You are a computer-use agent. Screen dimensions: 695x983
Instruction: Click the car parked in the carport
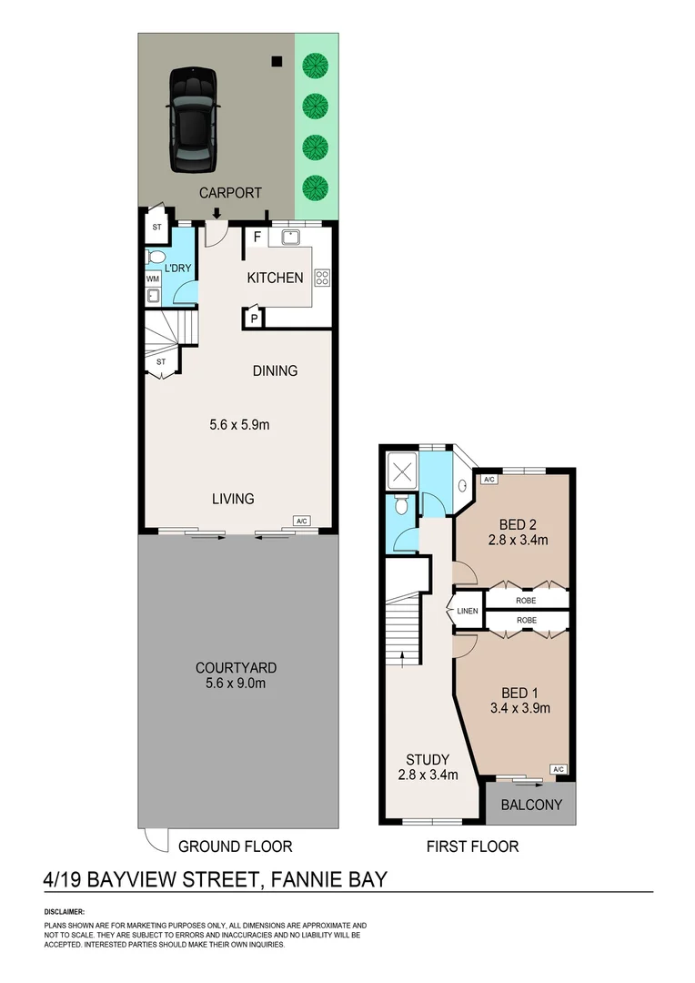click(194, 119)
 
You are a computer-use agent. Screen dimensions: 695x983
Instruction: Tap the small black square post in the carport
click(277, 61)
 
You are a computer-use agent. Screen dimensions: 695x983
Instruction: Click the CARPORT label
click(230, 193)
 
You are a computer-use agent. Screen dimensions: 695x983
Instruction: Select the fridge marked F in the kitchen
click(257, 238)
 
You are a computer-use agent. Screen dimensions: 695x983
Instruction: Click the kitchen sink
click(291, 237)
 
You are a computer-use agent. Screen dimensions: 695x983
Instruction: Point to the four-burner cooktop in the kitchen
click(322, 278)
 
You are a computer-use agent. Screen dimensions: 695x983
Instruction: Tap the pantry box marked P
click(254, 318)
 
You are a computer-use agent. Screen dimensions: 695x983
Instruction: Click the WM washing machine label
click(153, 279)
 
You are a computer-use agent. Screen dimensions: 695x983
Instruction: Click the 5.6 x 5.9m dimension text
click(239, 424)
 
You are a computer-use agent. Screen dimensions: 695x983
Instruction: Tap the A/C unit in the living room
click(301, 521)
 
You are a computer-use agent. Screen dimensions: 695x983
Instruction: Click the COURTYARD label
click(236, 668)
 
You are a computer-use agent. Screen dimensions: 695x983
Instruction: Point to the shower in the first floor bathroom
click(402, 470)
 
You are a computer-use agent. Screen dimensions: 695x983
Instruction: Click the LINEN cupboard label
click(468, 611)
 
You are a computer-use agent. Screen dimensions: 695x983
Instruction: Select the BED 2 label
click(518, 524)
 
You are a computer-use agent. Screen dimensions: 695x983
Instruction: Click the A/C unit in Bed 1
click(559, 769)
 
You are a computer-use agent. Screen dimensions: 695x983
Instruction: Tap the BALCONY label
click(531, 805)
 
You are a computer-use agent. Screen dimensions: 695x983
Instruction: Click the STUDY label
click(428, 760)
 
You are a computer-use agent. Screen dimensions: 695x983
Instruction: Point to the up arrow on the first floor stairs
click(402, 657)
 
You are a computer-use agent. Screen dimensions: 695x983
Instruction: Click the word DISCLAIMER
click(64, 912)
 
